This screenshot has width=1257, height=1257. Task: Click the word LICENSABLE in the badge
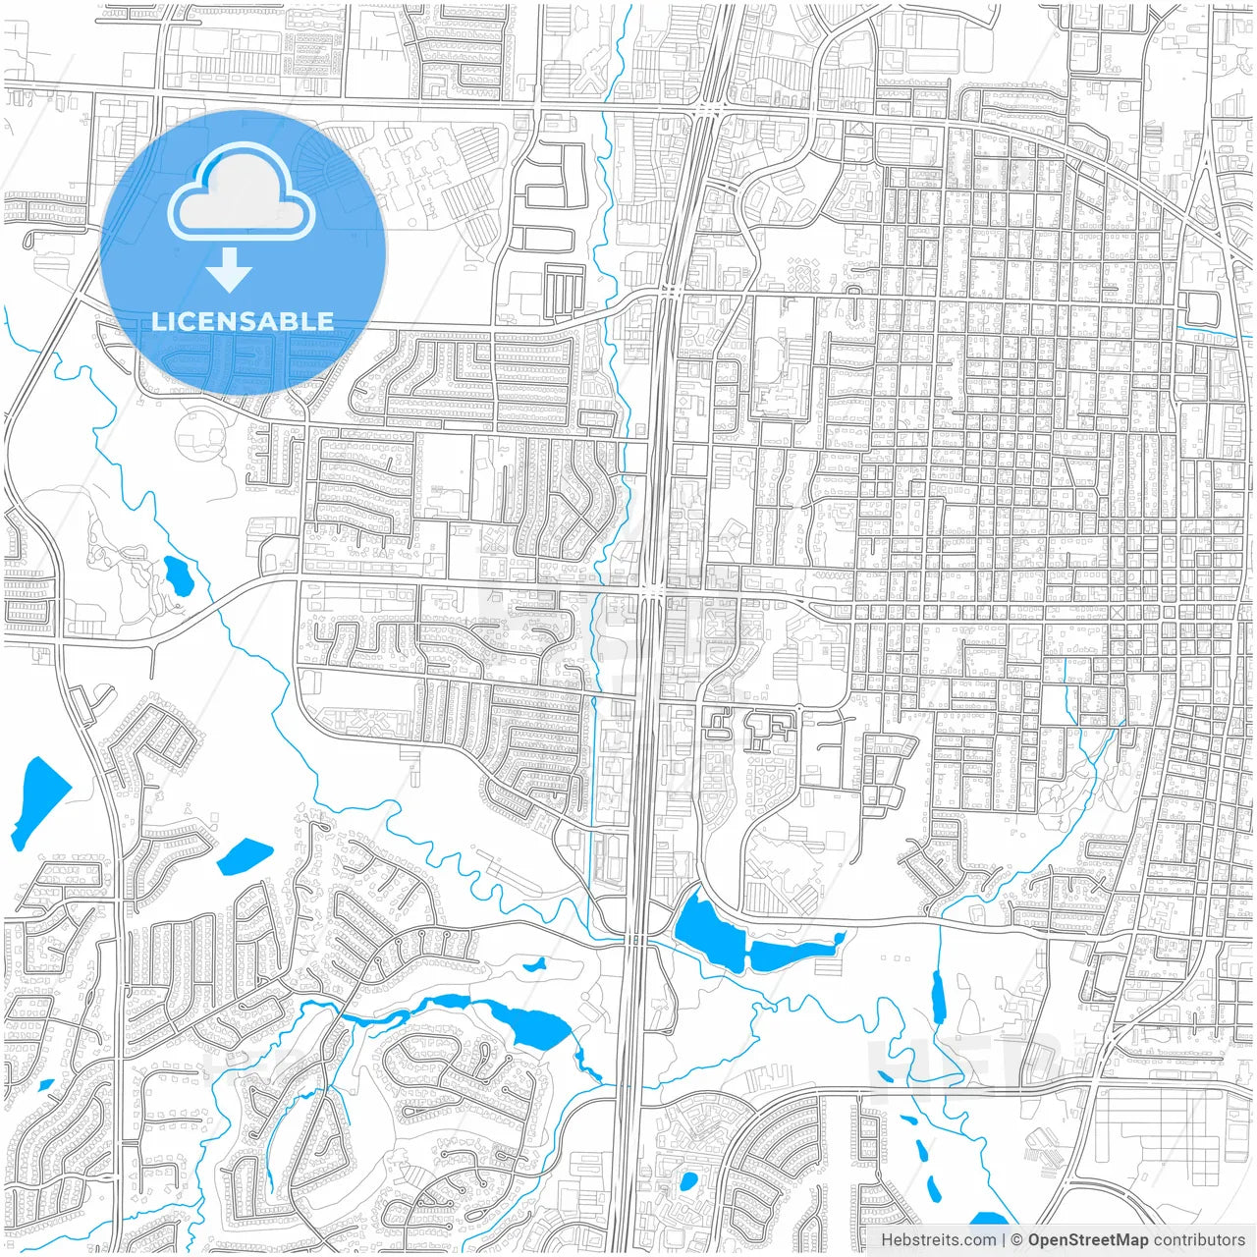point(243,321)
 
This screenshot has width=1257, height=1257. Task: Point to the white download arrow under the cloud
point(230,270)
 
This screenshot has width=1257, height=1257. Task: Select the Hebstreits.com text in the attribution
point(938,1240)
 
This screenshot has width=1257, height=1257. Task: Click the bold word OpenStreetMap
point(1088,1240)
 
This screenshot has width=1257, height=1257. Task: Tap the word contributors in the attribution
point(1199,1240)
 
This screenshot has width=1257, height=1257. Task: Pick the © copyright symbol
point(1017,1240)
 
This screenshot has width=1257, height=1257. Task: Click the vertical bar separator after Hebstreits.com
point(1003,1240)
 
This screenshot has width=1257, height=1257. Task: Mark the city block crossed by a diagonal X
point(1119,612)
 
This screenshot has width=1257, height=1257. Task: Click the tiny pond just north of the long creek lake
point(535,965)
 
